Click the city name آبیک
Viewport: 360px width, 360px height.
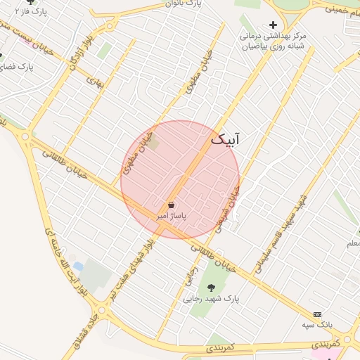pos(225,140)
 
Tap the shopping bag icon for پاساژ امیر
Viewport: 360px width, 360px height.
pos(172,205)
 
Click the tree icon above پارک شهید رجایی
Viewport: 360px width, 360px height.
pos(211,287)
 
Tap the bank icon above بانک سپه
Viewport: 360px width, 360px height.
pos(317,314)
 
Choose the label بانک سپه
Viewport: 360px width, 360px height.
pos(317,325)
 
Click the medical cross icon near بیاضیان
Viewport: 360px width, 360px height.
pos(274,25)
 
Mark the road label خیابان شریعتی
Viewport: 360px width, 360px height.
pos(229,208)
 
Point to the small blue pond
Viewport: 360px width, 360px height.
pos(78,267)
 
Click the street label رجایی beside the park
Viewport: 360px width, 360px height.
pos(191,274)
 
